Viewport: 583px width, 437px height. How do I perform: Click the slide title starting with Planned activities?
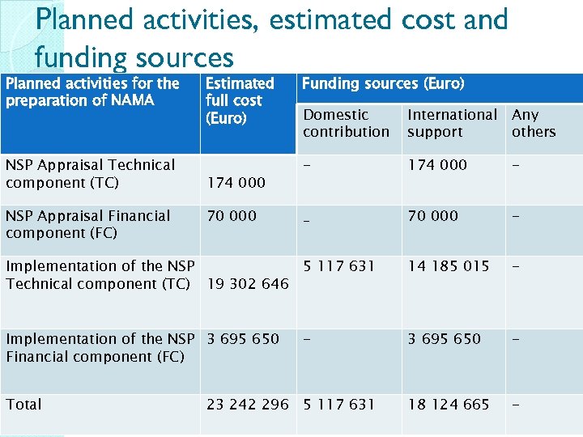pyautogui.click(x=271, y=37)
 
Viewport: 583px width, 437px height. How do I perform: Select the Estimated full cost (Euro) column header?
pyautogui.click(x=240, y=100)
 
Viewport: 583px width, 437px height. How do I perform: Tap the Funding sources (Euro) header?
pyautogui.click(x=383, y=83)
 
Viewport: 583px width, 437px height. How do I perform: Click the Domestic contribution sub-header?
pyautogui.click(x=346, y=123)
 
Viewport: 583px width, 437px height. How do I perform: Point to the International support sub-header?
pyautogui.click(x=452, y=123)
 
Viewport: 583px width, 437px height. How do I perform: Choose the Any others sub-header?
pyautogui.click(x=534, y=123)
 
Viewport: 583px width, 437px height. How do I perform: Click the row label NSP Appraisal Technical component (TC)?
pyautogui.click(x=90, y=173)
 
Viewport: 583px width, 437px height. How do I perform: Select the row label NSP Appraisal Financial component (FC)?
pyautogui.click(x=87, y=224)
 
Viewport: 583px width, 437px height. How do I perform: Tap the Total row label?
pyautogui.click(x=23, y=404)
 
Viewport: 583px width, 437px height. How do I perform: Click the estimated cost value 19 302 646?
pyautogui.click(x=247, y=284)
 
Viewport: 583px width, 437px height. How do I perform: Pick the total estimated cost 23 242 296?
pyautogui.click(x=247, y=404)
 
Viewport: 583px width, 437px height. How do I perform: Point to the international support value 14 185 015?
pyautogui.click(x=449, y=265)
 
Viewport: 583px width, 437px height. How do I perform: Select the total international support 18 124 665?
pyautogui.click(x=449, y=404)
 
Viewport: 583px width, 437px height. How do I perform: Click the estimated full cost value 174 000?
pyautogui.click(x=236, y=183)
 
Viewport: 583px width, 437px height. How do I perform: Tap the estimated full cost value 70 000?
pyautogui.click(x=232, y=215)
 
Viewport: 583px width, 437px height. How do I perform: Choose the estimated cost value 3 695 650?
pyautogui.click(x=243, y=338)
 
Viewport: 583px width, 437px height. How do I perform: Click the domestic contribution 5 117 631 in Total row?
pyautogui.click(x=339, y=404)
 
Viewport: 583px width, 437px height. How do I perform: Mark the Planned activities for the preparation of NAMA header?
pyautogui.click(x=92, y=91)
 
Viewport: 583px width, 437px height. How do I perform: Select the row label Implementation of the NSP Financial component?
pyautogui.click(x=100, y=347)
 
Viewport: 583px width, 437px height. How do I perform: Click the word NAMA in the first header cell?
pyautogui.click(x=132, y=100)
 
